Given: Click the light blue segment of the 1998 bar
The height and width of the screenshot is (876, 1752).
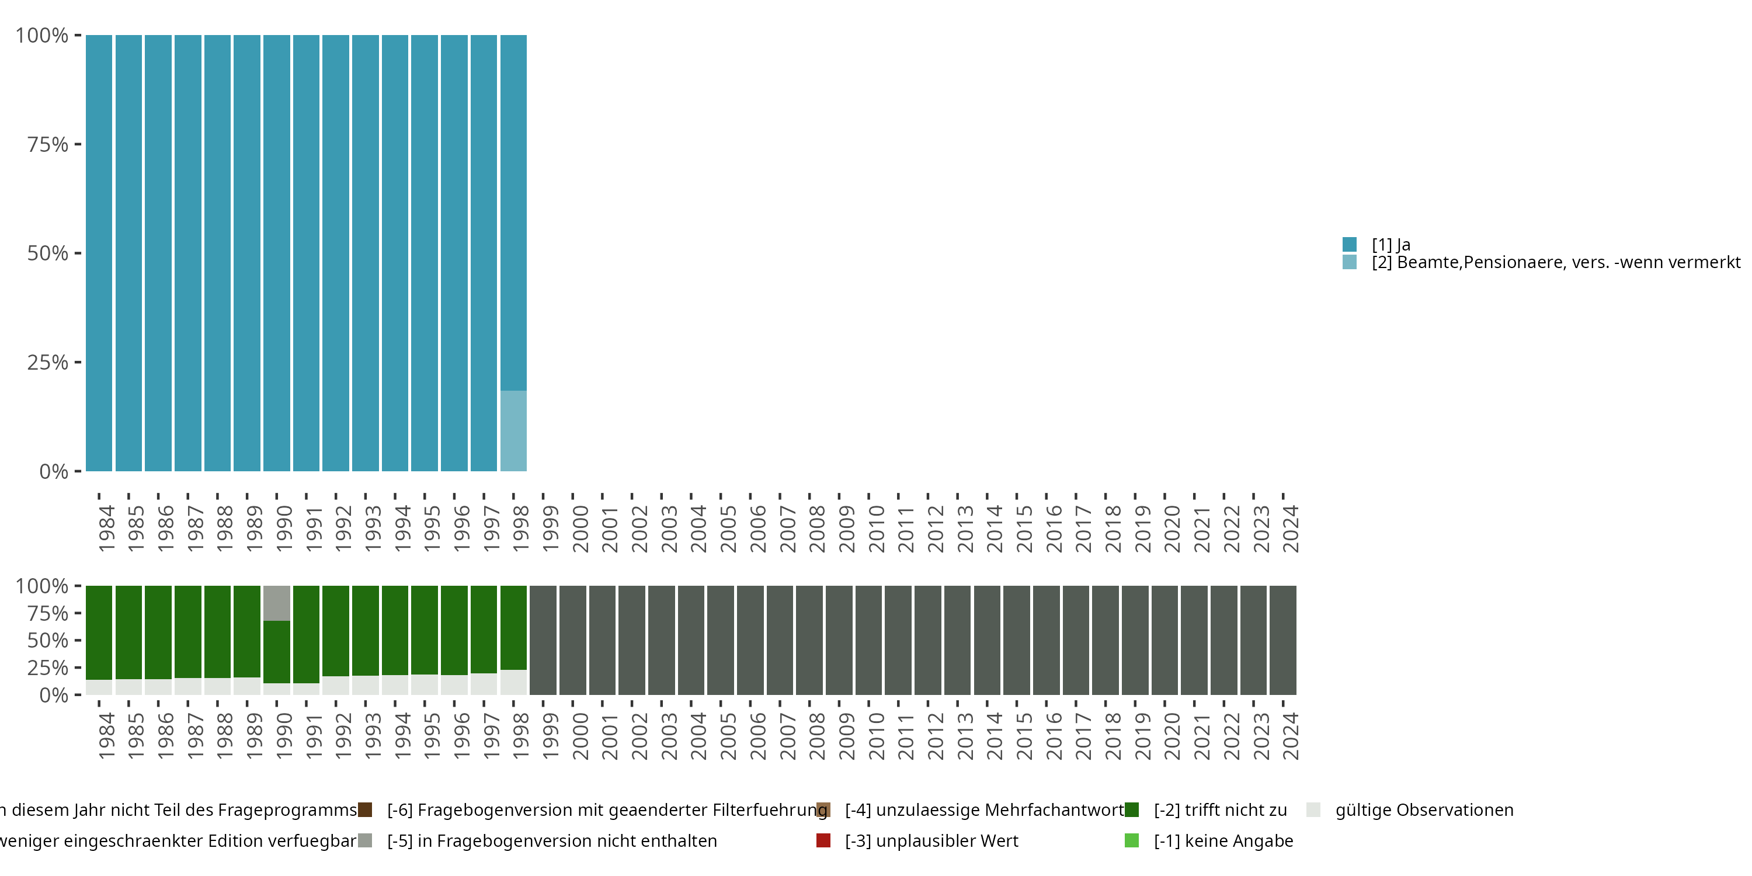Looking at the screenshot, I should pyautogui.click(x=513, y=430).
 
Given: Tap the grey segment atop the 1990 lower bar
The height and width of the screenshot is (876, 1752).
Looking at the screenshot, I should pyautogui.click(x=277, y=603).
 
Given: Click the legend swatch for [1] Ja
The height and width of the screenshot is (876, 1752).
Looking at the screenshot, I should pyautogui.click(x=1350, y=244).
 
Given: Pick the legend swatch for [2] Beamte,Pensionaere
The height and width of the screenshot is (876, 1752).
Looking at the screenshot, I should pyautogui.click(x=1350, y=262).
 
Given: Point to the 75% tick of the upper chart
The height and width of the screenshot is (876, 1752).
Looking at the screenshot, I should pyautogui.click(x=78, y=144).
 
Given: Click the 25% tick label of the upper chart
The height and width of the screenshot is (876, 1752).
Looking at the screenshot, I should pyautogui.click(x=48, y=363).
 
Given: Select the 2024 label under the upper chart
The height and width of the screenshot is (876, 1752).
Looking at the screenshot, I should pyautogui.click(x=1290, y=529).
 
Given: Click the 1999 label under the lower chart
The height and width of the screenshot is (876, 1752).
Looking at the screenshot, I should pyautogui.click(x=550, y=736).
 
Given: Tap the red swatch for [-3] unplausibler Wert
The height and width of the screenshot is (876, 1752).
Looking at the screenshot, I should pyautogui.click(x=823, y=840).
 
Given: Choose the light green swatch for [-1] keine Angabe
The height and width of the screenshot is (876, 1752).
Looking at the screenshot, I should pyautogui.click(x=1132, y=840).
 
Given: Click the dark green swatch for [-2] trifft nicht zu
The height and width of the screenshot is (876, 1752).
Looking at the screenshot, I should pyautogui.click(x=1132, y=809).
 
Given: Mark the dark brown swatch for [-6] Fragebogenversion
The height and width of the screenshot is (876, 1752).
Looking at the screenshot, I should pyautogui.click(x=365, y=809).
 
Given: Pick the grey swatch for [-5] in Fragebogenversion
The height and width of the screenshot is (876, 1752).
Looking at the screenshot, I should pyautogui.click(x=365, y=840).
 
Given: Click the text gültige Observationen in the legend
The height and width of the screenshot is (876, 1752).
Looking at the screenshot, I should pyautogui.click(x=1424, y=809).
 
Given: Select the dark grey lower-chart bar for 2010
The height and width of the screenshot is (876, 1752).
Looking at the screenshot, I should pyautogui.click(x=868, y=640).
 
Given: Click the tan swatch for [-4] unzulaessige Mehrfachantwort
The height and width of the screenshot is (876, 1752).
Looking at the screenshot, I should pyautogui.click(x=823, y=809).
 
